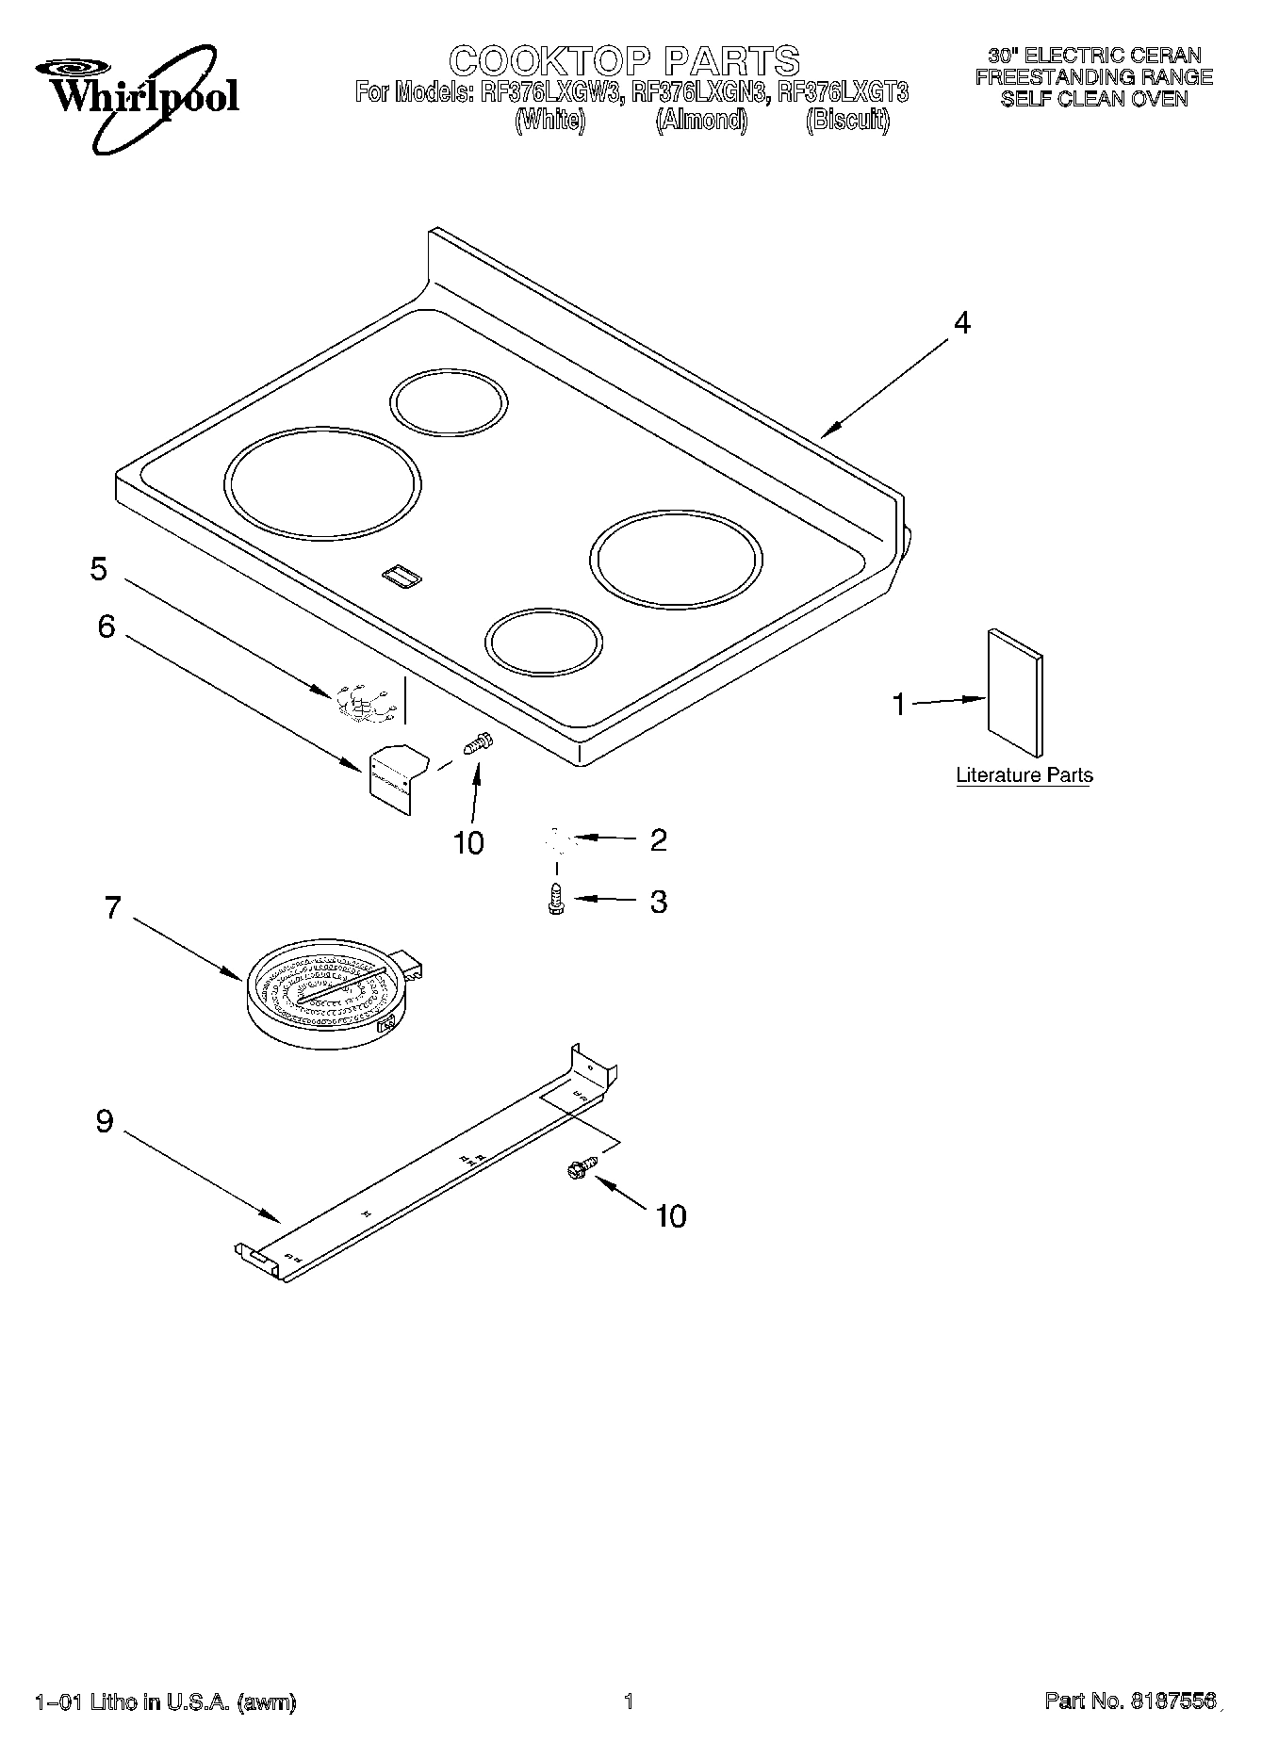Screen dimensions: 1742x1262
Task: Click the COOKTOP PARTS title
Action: tap(624, 61)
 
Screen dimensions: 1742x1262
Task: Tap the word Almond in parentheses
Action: tap(702, 121)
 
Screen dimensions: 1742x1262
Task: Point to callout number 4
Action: tap(960, 323)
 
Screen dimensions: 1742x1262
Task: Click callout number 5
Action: tap(99, 569)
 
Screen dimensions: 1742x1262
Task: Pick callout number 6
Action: tap(106, 627)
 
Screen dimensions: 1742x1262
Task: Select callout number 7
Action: tap(112, 908)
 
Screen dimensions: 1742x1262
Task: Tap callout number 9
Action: tap(104, 1121)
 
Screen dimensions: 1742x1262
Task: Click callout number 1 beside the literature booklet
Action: tap(898, 704)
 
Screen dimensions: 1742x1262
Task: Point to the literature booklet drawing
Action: tap(1014, 692)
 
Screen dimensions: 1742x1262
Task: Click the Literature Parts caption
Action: tap(1024, 775)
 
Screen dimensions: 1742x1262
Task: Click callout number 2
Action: tap(658, 839)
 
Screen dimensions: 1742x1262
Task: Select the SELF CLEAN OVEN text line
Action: tap(1093, 99)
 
